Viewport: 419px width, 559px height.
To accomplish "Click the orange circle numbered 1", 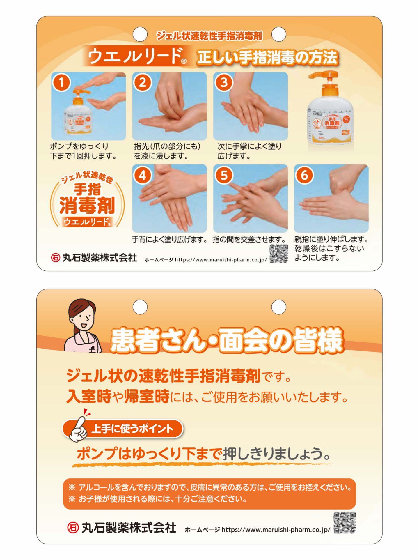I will click(61, 82).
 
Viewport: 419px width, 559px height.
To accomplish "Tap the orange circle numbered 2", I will click(142, 82).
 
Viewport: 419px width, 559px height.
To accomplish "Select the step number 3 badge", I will click(223, 82).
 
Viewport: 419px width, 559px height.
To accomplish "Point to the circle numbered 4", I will click(142, 175).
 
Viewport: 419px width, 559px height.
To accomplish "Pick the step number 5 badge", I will click(223, 175).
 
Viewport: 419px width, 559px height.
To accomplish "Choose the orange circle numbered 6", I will click(304, 175).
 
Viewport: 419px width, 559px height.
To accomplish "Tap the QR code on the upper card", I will click(279, 254).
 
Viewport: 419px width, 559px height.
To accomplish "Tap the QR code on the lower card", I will click(345, 523).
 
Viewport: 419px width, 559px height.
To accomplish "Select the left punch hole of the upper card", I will click(140, 34).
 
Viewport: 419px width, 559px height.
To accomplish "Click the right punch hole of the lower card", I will click(278, 307).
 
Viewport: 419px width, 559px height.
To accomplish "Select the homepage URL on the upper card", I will click(221, 260).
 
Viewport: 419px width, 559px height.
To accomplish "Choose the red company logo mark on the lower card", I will click(73, 528).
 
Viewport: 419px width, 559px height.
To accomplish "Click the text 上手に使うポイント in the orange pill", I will click(132, 429).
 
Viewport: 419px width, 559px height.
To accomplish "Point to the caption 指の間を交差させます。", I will click(249, 240).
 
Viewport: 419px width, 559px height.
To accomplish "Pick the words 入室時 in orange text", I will click(89, 396).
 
